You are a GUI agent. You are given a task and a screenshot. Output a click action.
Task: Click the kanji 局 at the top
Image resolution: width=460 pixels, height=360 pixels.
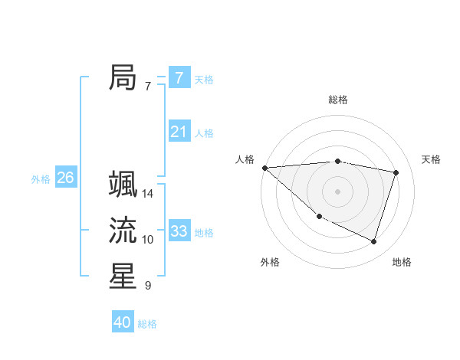(123, 77)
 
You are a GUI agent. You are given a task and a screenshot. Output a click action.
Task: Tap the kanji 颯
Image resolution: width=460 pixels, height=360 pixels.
(123, 185)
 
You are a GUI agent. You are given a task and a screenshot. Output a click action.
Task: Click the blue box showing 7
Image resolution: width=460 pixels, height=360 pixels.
(179, 77)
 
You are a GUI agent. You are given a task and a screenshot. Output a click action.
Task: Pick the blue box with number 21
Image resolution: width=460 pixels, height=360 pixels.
(179, 132)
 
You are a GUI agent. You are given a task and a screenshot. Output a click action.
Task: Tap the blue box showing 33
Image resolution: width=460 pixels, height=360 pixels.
(179, 231)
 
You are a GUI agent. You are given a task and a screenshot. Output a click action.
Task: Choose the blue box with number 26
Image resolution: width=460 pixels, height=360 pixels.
(65, 178)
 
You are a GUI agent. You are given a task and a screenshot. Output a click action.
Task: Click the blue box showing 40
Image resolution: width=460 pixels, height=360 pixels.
(122, 322)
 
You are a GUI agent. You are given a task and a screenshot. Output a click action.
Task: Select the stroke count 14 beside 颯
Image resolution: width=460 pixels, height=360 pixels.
(148, 194)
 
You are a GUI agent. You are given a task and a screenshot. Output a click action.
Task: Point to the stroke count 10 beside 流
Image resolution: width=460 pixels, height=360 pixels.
(148, 240)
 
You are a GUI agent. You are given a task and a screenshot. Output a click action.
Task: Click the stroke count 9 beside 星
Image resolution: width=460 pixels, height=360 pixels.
(148, 286)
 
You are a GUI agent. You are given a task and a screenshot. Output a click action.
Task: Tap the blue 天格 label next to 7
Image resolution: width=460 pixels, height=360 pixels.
(204, 79)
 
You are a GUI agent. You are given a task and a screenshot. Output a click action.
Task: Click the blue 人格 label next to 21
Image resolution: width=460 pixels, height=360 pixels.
(204, 133)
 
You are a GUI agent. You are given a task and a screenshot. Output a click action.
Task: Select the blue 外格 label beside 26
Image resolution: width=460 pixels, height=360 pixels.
(41, 179)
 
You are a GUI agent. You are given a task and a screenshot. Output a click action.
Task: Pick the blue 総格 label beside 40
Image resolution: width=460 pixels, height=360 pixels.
(147, 324)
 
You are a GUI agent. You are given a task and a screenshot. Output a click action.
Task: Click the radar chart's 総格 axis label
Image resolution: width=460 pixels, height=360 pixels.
(337, 100)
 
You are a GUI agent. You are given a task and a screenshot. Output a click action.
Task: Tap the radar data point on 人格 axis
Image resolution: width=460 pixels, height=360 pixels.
(264, 168)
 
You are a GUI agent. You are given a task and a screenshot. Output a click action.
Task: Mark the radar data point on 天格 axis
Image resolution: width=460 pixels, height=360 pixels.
(396, 172)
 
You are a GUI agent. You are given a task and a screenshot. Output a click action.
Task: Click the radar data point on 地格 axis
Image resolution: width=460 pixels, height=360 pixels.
(373, 241)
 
